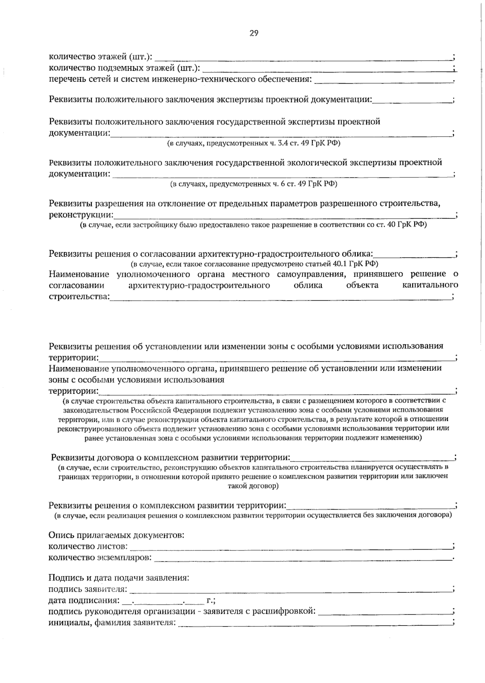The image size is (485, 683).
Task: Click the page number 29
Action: click(254, 34)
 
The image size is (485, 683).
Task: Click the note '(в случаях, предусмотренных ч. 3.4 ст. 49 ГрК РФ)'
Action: click(254, 143)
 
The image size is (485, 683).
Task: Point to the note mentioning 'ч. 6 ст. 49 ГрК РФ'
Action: click(253, 184)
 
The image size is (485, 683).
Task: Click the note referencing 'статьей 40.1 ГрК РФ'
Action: click(254, 264)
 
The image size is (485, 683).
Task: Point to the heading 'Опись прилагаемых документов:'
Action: click(116, 535)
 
